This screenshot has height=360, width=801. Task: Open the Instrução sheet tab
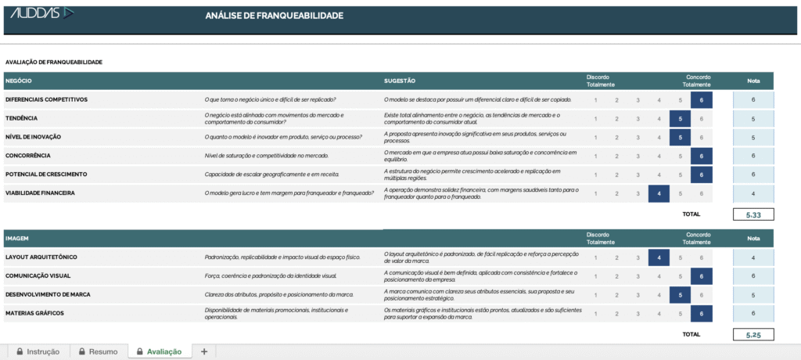click(x=38, y=351)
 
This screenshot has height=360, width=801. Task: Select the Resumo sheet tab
click(x=98, y=351)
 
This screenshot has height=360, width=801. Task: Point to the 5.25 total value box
click(x=753, y=334)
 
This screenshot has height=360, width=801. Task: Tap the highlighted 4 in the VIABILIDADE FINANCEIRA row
click(x=659, y=193)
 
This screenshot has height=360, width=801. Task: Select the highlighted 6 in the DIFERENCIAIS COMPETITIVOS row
click(x=701, y=99)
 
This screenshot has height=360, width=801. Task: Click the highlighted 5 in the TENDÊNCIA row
click(x=680, y=118)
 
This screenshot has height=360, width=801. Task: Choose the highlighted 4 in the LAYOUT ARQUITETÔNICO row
click(x=659, y=257)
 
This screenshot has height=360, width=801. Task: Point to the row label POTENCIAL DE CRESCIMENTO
click(x=46, y=174)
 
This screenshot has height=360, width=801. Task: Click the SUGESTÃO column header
click(x=399, y=81)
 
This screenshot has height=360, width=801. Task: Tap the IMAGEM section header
click(x=18, y=238)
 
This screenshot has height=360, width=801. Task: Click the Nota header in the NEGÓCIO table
click(x=753, y=81)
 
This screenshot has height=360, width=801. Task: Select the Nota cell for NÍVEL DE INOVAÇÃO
click(x=753, y=137)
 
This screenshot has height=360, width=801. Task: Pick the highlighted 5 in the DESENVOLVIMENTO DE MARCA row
click(x=680, y=294)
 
